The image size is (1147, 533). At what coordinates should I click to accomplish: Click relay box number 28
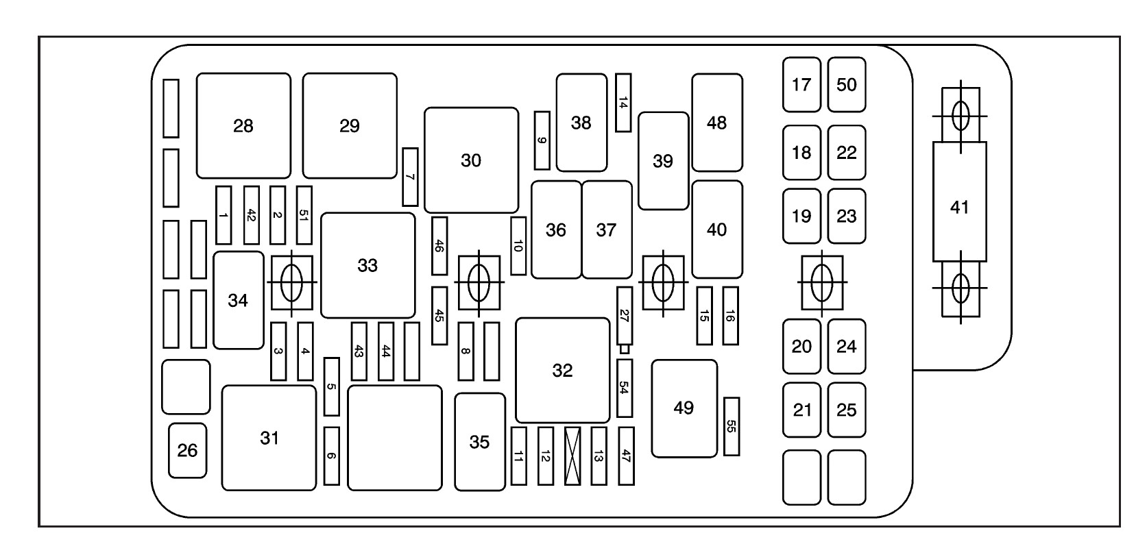tap(243, 126)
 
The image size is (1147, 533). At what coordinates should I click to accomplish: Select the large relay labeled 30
tap(471, 160)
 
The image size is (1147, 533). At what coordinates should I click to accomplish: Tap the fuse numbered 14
tap(623, 103)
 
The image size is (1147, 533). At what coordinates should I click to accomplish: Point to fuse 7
tap(410, 177)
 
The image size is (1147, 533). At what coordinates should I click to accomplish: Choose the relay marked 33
tap(367, 265)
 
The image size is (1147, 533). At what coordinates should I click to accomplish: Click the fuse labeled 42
tap(251, 215)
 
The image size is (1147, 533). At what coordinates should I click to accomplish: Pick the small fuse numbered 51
tap(304, 215)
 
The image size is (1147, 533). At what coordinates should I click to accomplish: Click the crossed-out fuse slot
tap(572, 456)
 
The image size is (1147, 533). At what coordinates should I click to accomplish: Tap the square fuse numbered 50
tap(847, 85)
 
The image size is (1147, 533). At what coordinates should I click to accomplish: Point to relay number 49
tap(684, 408)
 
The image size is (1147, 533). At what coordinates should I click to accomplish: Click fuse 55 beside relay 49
tap(732, 426)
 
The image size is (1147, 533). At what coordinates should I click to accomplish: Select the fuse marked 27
tap(624, 316)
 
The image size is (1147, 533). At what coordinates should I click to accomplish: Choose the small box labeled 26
tap(187, 450)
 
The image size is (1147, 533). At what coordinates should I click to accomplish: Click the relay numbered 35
tap(480, 442)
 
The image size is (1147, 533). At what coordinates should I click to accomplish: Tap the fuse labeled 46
tap(439, 246)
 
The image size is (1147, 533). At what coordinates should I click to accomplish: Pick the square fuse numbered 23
tap(847, 216)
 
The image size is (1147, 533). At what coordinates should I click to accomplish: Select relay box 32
tap(562, 370)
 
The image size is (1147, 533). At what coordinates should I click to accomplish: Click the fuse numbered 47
tap(626, 456)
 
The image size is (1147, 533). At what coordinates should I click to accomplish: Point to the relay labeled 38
tap(581, 123)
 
